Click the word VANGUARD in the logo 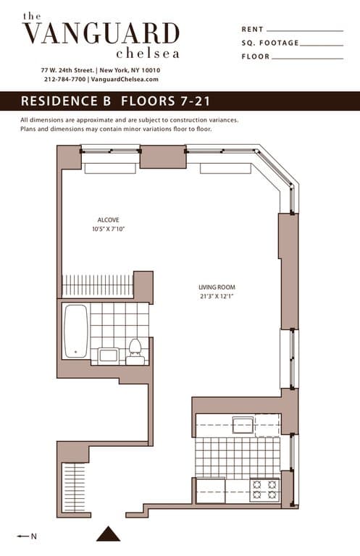(101, 34)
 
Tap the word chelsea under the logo (147, 53)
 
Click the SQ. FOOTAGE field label (269, 43)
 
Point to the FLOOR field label (255, 56)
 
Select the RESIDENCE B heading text (66, 101)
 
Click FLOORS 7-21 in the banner (166, 101)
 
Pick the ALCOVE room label (108, 220)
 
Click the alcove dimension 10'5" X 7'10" (108, 229)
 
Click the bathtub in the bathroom (75, 332)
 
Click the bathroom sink (109, 355)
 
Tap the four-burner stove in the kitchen (264, 490)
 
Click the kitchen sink (243, 425)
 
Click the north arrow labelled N (27, 536)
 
